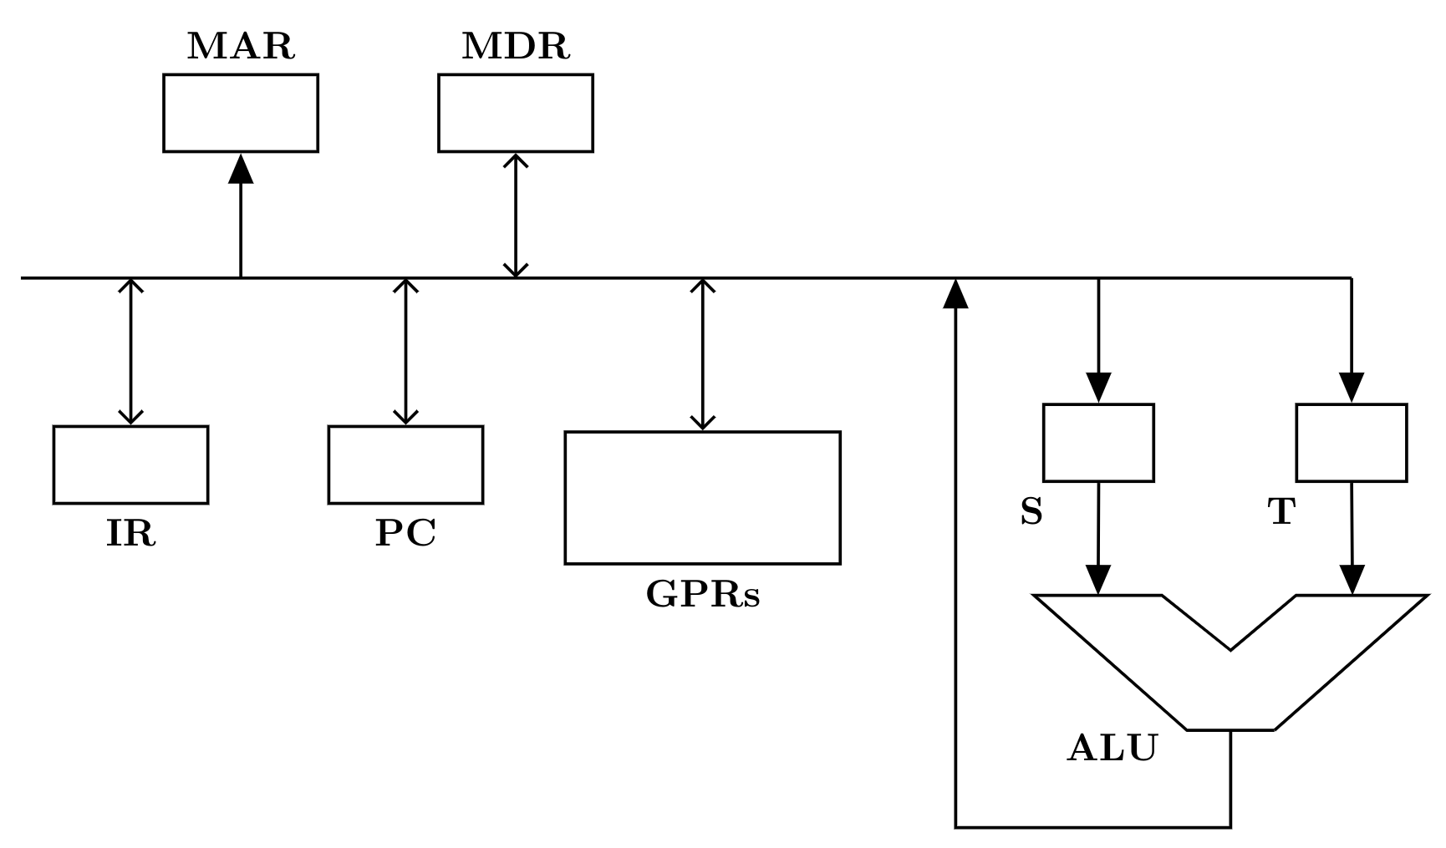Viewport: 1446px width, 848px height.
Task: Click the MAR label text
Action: [241, 47]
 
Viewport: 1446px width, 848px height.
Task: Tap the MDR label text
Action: [516, 47]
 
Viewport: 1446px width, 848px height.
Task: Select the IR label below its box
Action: [130, 534]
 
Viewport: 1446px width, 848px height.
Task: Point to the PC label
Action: [405, 534]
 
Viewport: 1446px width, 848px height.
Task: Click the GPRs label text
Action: [703, 594]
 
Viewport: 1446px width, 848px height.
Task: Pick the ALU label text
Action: [1113, 748]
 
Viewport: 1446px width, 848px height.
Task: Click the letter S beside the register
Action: [1031, 511]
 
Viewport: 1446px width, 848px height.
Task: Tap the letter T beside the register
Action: [1281, 511]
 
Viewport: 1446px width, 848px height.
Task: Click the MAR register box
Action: [241, 113]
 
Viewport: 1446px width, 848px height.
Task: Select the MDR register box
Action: [516, 113]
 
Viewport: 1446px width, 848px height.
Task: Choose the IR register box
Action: [130, 465]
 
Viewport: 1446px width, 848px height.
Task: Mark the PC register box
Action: [405, 465]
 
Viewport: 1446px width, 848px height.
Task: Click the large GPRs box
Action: [703, 498]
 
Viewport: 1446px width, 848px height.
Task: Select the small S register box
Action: [1098, 443]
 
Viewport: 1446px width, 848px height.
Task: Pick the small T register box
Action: [1352, 443]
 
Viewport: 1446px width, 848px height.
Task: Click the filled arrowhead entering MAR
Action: [241, 168]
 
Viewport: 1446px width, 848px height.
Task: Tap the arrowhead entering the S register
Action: [1098, 388]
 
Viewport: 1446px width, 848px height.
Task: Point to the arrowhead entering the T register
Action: [1352, 388]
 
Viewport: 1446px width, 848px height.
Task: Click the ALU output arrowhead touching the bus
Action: [955, 293]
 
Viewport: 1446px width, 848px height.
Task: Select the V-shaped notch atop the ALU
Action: [1230, 648]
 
